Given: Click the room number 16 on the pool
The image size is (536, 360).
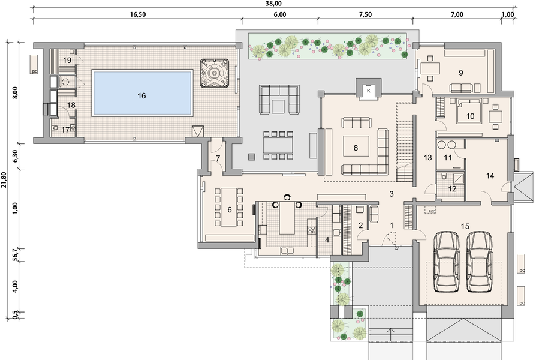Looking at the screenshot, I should coord(141,95).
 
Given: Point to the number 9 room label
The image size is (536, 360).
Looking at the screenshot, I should coord(460,73).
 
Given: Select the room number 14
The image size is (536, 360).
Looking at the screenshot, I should coord(490,176).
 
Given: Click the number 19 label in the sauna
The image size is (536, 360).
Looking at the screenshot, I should coord(67,61).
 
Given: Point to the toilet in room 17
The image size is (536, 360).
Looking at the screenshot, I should coord(56,128).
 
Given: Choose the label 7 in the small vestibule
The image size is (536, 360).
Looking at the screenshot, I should coord(218,158).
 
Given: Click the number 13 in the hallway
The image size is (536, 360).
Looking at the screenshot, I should coord(427,158).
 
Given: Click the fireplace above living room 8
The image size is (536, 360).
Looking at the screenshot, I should coord(366,89).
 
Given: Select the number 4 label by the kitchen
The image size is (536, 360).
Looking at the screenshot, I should coord(327,241).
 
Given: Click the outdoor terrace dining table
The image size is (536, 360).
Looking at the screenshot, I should coord(277,145).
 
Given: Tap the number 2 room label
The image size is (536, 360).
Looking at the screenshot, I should coord(360,225).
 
